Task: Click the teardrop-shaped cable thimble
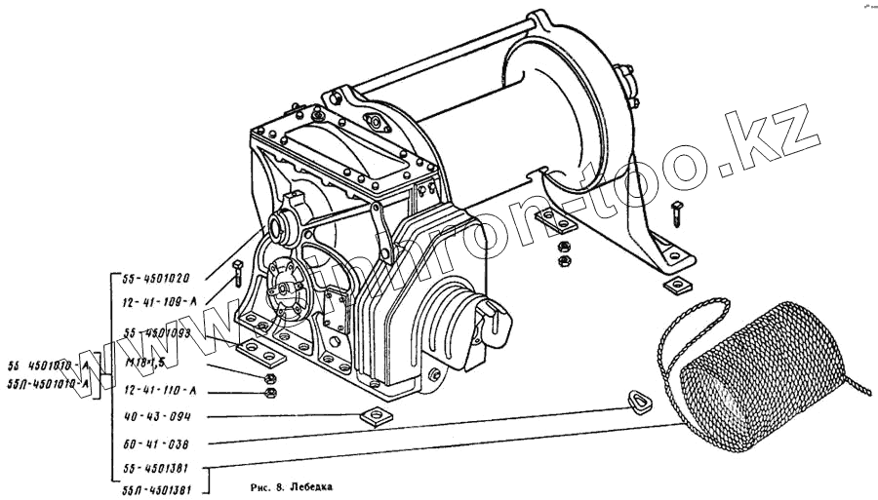coord(640,398)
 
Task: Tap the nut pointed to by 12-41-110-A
coord(271,393)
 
